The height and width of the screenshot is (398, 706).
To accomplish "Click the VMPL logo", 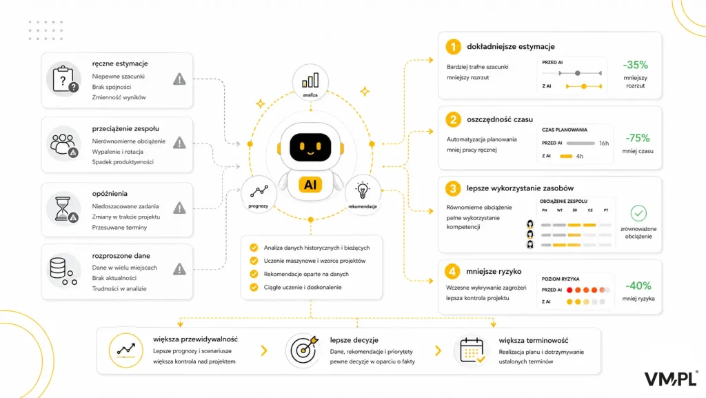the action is coord(672,379).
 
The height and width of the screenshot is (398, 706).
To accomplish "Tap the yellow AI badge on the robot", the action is coord(310,185).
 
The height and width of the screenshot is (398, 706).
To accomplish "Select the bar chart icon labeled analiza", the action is coord(310,81).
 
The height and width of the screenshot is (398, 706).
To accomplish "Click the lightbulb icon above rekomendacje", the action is coord(363,190).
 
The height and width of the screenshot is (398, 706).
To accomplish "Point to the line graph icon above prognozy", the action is coord(259,191).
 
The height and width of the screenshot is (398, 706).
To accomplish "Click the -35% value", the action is coord(635,65).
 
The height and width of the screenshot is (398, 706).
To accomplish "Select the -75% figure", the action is coord(638,138).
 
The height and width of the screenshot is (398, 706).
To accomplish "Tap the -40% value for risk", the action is coord(638,286).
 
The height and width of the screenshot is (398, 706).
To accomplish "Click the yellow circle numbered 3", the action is coord(453,188).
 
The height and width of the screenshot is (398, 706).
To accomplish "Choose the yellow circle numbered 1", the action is coord(454,46).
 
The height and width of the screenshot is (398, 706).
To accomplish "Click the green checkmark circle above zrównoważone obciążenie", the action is coord(638,213).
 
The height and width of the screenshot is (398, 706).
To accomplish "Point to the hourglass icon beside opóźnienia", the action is coord(63,209).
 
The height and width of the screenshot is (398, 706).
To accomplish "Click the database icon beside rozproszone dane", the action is coord(62,270).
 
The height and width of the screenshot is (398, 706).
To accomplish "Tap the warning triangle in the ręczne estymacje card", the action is coord(179,79).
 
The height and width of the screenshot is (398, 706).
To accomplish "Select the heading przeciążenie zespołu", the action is coord(125,129).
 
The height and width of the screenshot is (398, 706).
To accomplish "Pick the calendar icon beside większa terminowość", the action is coord(472,350).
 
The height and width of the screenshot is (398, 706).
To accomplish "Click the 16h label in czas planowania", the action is coord(604,143).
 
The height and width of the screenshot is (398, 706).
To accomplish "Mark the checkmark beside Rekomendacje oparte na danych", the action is coord(254,274).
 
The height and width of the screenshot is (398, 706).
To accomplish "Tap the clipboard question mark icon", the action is coord(64,79).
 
